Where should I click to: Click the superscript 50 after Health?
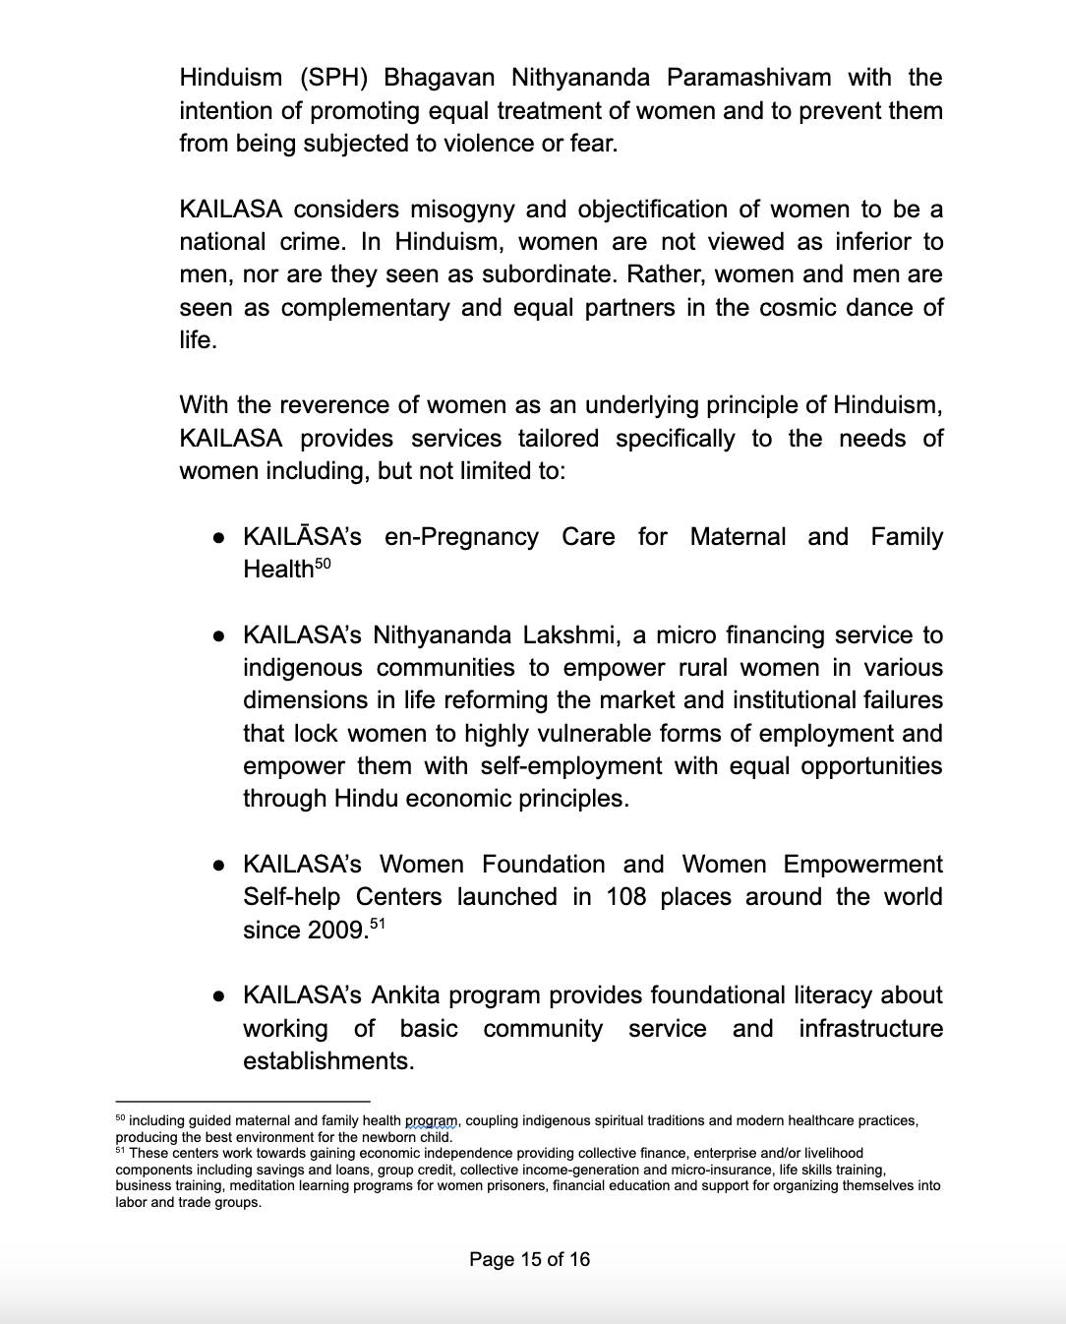324,564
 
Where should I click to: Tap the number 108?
625,897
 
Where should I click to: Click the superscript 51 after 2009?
376,924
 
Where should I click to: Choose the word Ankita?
405,995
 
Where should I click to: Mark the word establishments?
328,1061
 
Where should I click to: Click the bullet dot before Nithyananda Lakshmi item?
219,636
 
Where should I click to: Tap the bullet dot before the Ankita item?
219,996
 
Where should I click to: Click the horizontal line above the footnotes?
243,1102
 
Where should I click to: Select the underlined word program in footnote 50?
432,1120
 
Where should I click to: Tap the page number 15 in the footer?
532,1259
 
